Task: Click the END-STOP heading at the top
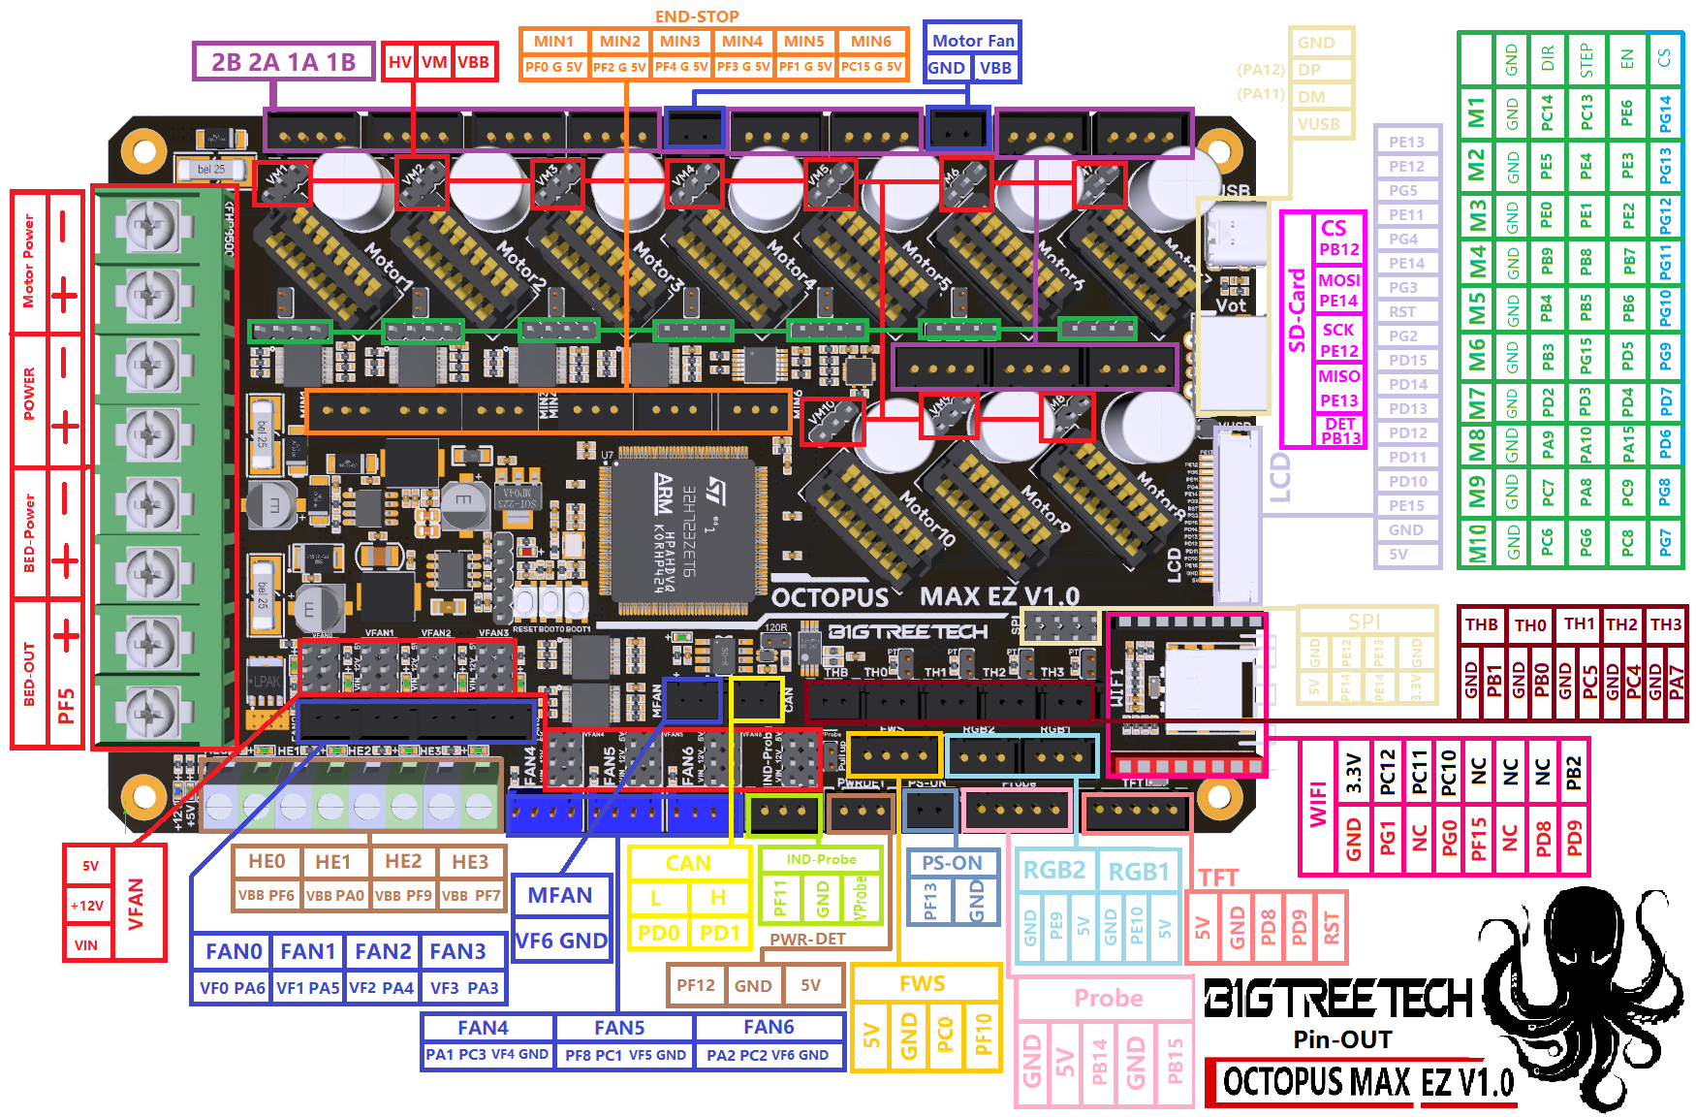point(697,16)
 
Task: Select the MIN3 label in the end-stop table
point(680,42)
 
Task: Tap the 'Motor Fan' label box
point(972,41)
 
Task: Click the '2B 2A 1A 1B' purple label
point(283,62)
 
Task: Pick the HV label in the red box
point(399,62)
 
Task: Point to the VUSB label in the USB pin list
point(1318,124)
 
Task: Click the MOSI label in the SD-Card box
point(1338,280)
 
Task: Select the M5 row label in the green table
point(1476,308)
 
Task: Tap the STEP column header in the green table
point(1586,59)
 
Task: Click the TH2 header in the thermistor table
point(1621,624)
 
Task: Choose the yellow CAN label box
point(688,863)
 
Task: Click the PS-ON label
point(952,863)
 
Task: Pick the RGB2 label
point(1054,871)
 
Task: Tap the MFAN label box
point(560,896)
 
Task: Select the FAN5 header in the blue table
point(619,1028)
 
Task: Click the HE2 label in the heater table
point(403,862)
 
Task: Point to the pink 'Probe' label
point(1108,999)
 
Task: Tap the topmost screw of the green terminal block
point(150,226)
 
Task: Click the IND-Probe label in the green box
point(821,860)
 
